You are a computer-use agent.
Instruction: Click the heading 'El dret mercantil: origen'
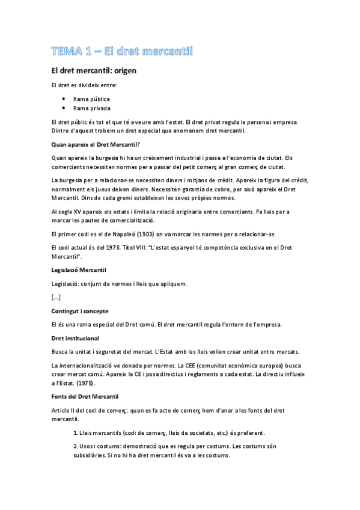94,71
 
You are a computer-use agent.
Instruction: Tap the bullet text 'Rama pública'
91,98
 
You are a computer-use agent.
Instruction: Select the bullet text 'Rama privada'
91,108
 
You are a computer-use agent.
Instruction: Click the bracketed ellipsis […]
56,297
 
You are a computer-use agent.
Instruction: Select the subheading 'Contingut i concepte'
80,311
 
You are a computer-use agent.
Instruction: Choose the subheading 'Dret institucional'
75,338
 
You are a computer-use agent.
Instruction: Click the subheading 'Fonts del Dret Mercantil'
85,396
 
